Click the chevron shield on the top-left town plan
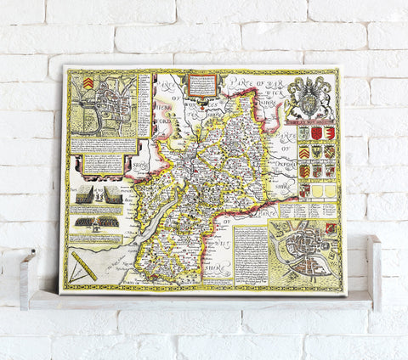87,84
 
